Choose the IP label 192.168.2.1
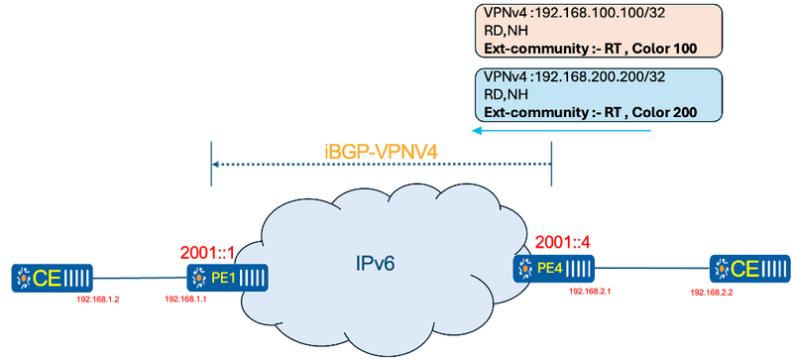coord(593,292)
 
